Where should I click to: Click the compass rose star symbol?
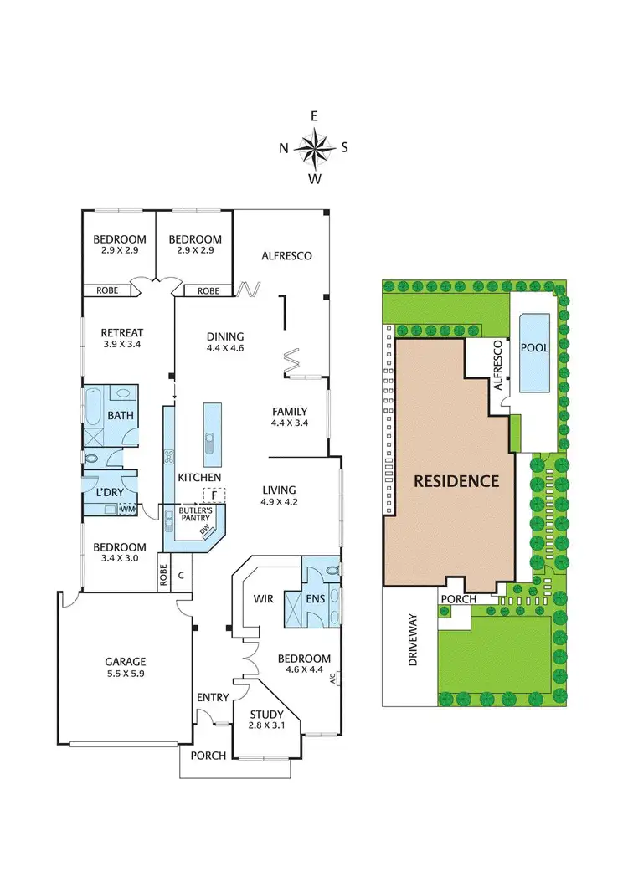(x=314, y=148)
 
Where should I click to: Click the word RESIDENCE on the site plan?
(x=456, y=481)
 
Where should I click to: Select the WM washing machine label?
(x=128, y=509)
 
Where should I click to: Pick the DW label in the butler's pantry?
(x=203, y=532)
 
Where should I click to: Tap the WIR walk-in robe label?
(x=265, y=599)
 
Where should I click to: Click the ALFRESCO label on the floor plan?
(x=286, y=255)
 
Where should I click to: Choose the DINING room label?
(x=225, y=337)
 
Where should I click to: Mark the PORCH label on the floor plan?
(x=208, y=756)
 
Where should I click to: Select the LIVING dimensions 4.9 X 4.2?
(x=280, y=502)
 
